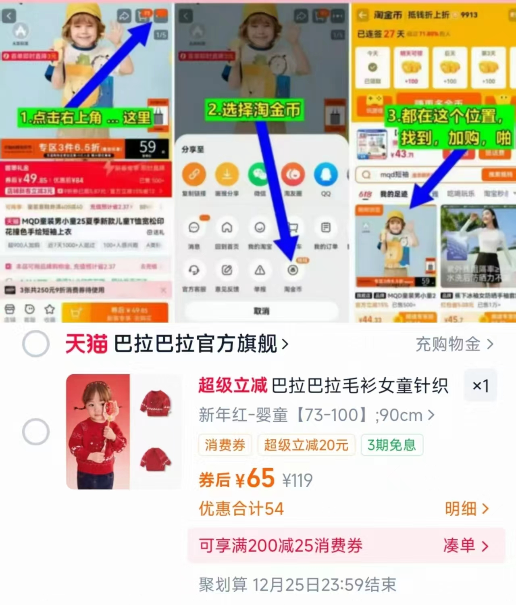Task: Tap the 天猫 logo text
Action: click(86, 344)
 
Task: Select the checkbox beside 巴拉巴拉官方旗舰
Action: click(36, 344)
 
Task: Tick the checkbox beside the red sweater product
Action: click(36, 432)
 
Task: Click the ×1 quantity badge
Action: click(480, 386)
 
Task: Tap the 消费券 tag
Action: click(225, 445)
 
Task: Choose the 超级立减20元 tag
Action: click(306, 445)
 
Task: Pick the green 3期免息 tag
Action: click(391, 445)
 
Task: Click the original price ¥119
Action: click(298, 480)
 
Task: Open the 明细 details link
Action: click(466, 509)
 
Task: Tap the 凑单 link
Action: click(466, 546)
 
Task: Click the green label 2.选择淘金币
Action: click(254, 110)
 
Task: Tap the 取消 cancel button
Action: click(261, 311)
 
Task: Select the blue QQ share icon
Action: click(326, 174)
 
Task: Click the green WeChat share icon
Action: click(260, 174)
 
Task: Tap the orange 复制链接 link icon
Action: click(194, 174)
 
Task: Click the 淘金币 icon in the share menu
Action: click(293, 270)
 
